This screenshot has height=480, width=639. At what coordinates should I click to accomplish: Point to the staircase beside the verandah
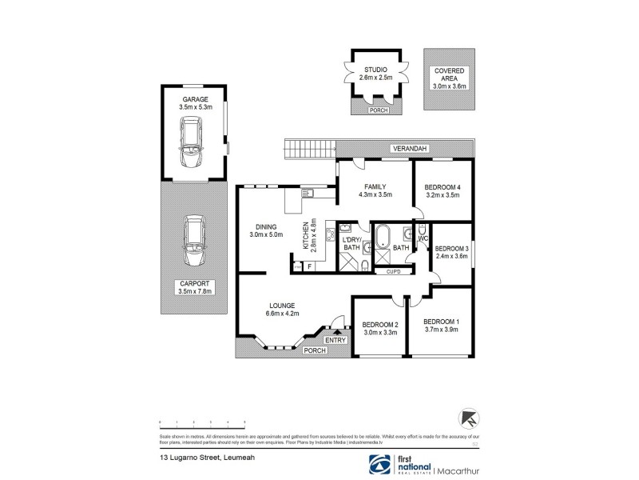[x=308, y=148]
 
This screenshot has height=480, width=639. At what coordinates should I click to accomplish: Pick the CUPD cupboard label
[x=393, y=272]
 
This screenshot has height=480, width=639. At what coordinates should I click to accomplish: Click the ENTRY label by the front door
[x=336, y=341]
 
